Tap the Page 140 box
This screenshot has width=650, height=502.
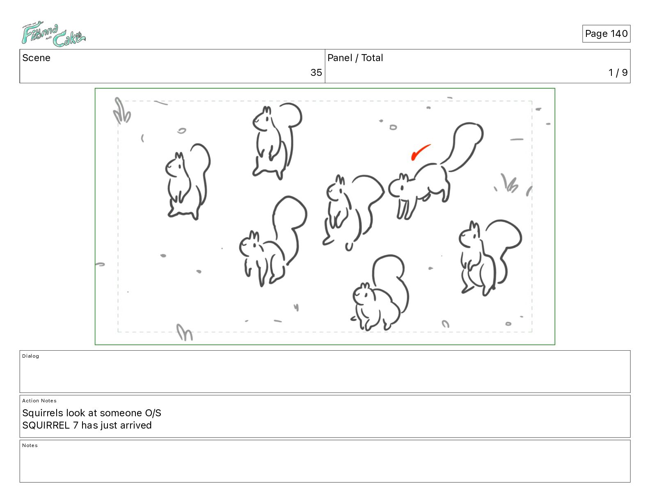click(x=606, y=34)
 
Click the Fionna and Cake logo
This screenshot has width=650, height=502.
click(x=53, y=34)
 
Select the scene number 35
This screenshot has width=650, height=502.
click(x=316, y=72)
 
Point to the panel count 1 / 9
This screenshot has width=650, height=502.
click(x=618, y=72)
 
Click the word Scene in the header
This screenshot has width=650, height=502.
click(x=36, y=58)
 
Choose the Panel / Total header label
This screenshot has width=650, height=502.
click(x=355, y=58)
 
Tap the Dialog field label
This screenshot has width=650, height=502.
click(x=30, y=356)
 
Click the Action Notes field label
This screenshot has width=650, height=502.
click(x=39, y=400)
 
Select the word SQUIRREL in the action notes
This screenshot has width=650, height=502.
click(x=46, y=425)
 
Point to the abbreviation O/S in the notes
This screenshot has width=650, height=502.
click(x=153, y=413)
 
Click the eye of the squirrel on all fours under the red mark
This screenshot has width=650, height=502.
click(x=402, y=188)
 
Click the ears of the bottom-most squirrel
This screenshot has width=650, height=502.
click(x=365, y=285)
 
